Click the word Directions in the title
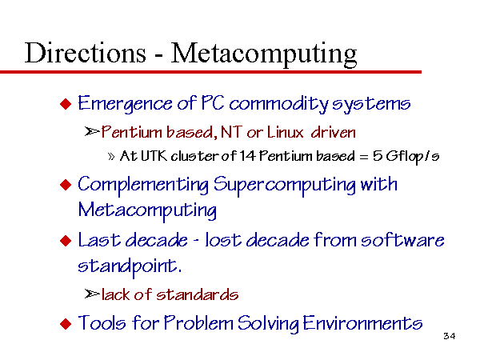(86, 53)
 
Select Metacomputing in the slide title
(263, 54)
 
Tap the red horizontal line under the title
(210, 72)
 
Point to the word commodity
(278, 104)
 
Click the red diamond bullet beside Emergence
(66, 104)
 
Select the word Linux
(285, 132)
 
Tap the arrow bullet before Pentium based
(92, 132)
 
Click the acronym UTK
(154, 156)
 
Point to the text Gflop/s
(412, 157)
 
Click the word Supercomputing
(284, 186)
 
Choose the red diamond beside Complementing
(66, 185)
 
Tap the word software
(402, 239)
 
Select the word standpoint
(130, 266)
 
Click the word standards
(197, 294)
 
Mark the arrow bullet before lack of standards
(92, 294)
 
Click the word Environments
(362, 323)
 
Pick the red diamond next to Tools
(66, 323)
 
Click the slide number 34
(449, 336)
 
